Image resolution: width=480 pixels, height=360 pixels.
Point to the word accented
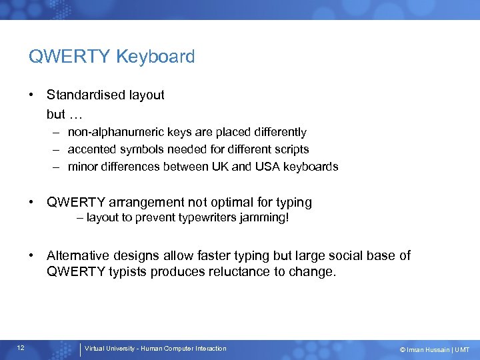pyautogui.click(x=92, y=149)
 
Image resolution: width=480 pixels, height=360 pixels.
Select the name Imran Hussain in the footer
pyautogui.click(x=431, y=349)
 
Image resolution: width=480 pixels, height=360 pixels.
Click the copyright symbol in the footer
pyautogui.click(x=403, y=349)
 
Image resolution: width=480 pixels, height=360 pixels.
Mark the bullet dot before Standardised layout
pyautogui.click(x=32, y=95)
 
